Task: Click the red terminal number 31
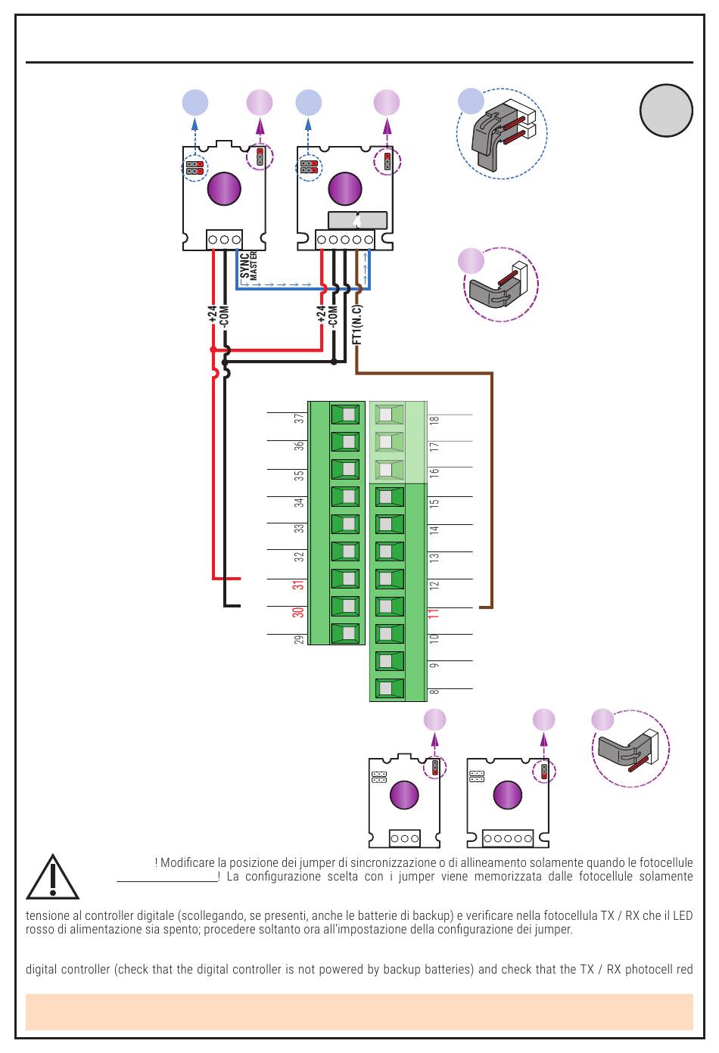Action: click(299, 585)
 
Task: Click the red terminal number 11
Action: click(433, 613)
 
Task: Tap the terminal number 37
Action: click(299, 418)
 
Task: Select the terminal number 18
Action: click(434, 421)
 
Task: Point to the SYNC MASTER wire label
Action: click(248, 266)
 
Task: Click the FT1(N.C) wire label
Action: click(357, 325)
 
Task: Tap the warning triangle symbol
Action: click(52, 877)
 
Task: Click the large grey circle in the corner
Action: click(666, 110)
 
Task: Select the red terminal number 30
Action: click(299, 612)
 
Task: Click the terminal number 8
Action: click(434, 691)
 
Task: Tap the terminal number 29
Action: click(299, 639)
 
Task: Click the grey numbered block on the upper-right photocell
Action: click(357, 220)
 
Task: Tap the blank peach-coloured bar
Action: click(359, 1011)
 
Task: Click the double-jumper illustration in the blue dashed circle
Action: click(502, 133)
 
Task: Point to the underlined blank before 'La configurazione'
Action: click(167, 881)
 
